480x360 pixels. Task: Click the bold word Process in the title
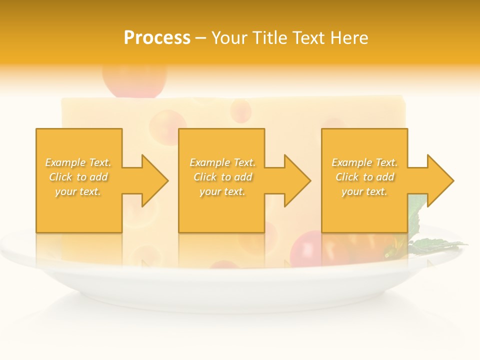point(157,38)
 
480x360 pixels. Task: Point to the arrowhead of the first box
point(155,180)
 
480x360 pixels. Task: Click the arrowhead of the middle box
point(297,180)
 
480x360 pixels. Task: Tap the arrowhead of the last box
point(440,180)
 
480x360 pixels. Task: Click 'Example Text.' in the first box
point(78,162)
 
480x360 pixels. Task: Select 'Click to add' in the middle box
point(222,177)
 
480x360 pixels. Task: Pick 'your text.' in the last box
point(364,191)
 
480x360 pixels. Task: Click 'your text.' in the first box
point(78,191)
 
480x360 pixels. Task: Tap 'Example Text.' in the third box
point(364,162)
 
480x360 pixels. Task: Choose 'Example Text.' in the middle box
point(222,162)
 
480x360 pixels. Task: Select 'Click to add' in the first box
point(78,177)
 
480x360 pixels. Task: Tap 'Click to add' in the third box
point(364,177)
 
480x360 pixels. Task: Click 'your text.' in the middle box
point(222,191)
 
